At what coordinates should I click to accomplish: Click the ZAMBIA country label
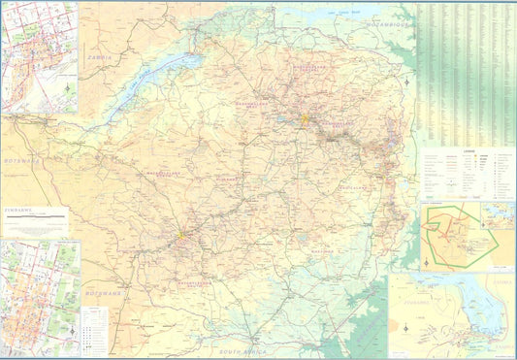[105, 58]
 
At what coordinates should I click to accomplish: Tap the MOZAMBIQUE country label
[385, 21]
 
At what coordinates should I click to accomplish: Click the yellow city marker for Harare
[305, 120]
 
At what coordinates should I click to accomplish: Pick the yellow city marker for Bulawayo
[179, 234]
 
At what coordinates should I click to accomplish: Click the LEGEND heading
[468, 150]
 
